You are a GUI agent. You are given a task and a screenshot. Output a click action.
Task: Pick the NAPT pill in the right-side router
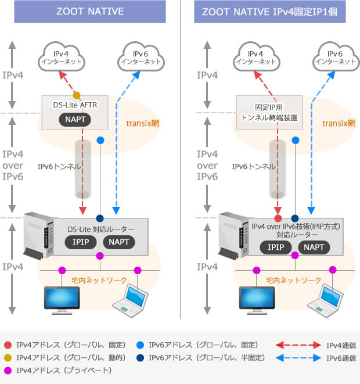coord(315,247)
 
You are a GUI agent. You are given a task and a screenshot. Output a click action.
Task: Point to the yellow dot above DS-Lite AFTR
coord(76,95)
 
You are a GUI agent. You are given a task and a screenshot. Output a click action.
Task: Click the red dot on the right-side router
coord(278,218)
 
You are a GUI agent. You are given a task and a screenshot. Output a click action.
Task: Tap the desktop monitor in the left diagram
coord(62,298)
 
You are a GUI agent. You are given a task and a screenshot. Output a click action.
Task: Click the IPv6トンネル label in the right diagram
coord(253,166)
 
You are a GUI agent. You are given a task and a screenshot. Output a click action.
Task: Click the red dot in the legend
coord(7,346)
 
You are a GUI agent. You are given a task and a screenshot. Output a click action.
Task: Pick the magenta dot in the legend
coord(7,370)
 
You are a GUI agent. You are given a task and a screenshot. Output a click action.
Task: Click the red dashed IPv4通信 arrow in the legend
coord(293,346)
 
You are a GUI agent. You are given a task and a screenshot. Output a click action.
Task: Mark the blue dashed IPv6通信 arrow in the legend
coord(293,358)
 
